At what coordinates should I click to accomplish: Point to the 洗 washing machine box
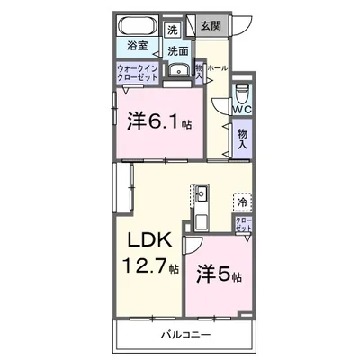click(x=173, y=30)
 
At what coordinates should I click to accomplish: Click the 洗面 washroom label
click(x=177, y=51)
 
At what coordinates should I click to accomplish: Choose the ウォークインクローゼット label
click(x=138, y=73)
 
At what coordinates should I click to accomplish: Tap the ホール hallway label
click(x=217, y=67)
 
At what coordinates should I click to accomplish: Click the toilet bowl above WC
click(x=241, y=93)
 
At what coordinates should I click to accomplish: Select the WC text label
click(x=241, y=110)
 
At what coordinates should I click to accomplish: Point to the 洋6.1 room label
click(x=157, y=120)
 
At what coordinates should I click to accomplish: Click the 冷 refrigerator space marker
click(x=241, y=202)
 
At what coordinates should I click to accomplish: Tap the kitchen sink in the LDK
click(x=201, y=193)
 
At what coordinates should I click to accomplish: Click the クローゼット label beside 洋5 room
click(x=243, y=225)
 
